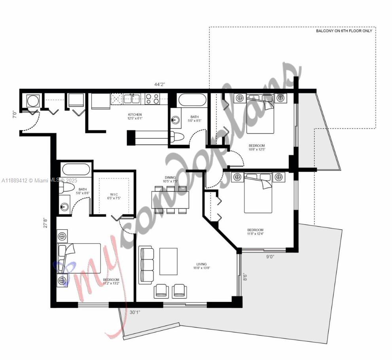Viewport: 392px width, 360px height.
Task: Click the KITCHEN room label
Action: click(134, 115)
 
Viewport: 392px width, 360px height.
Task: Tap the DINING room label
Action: click(170, 178)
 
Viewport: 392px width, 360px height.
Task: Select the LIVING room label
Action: click(201, 264)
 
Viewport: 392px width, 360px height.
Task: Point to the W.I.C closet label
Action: click(114, 194)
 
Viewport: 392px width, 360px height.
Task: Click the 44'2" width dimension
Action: click(160, 84)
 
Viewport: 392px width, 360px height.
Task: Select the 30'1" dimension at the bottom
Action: click(135, 312)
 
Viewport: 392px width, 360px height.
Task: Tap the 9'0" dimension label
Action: click(270, 257)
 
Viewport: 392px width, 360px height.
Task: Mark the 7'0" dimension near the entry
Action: click(15, 115)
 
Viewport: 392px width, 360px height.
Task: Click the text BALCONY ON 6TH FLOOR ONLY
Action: click(344, 31)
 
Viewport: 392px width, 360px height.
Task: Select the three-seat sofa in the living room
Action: click(146, 265)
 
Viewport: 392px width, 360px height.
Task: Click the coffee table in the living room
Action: click(169, 261)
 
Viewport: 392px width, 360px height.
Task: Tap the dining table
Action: click(171, 200)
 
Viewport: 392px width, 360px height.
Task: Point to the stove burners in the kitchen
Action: click(152, 99)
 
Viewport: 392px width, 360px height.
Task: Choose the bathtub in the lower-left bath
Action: click(76, 171)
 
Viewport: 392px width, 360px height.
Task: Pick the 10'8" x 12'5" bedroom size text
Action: click(257, 150)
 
